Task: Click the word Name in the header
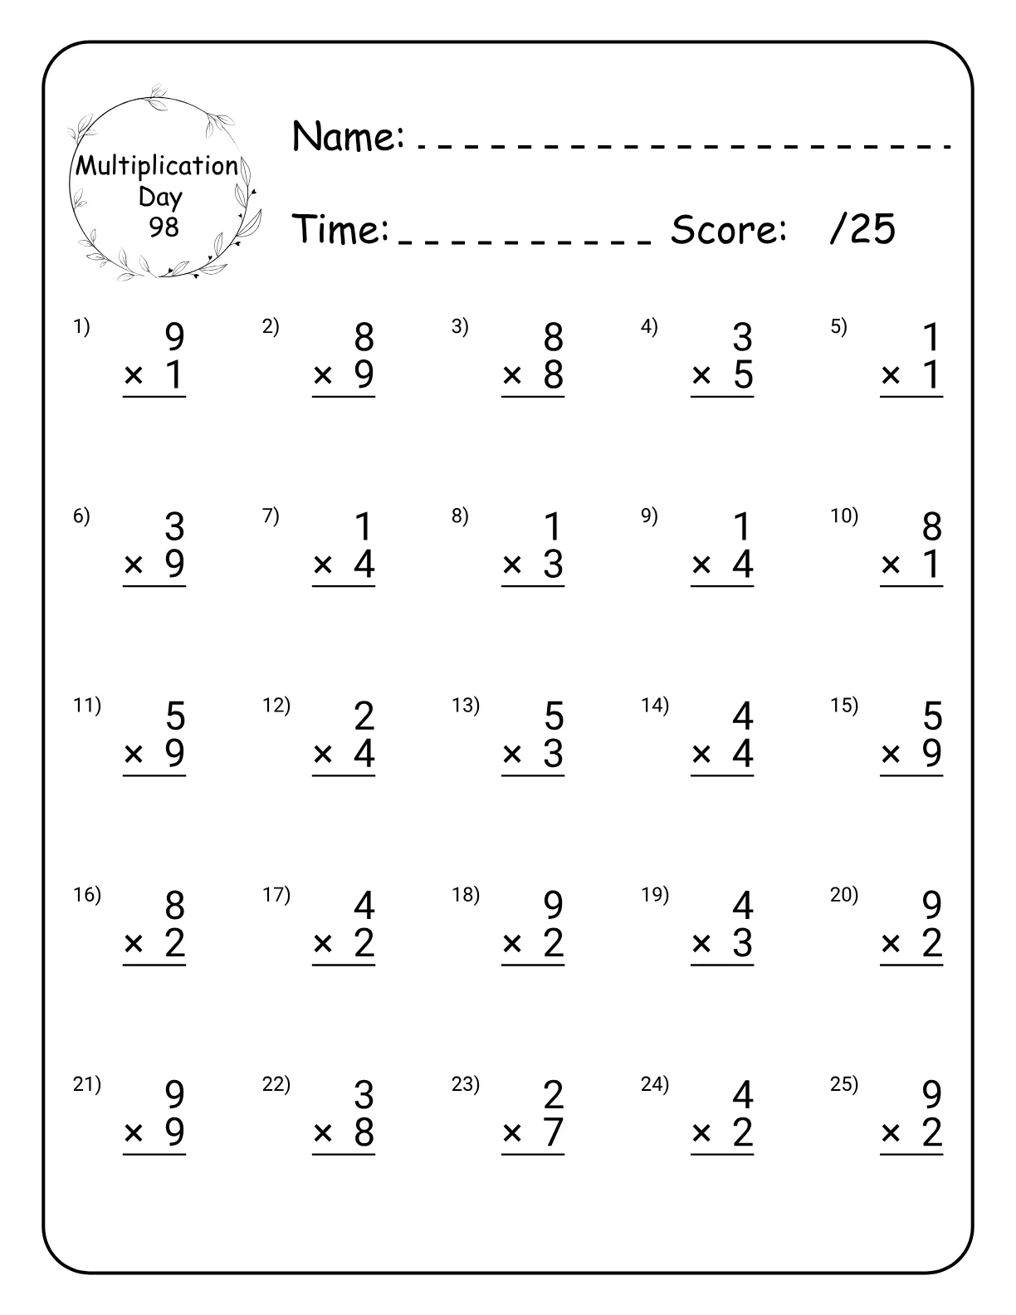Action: click(x=348, y=136)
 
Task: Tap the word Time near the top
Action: click(x=341, y=229)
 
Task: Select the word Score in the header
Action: click(x=728, y=229)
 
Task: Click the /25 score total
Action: click(x=862, y=229)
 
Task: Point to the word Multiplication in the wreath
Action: click(x=157, y=166)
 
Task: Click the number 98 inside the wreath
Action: click(x=164, y=226)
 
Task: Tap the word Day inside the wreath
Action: click(x=159, y=197)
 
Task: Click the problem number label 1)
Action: click(x=81, y=327)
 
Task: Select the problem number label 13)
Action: click(x=466, y=706)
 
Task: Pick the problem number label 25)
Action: click(x=844, y=1084)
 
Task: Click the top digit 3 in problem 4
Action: click(x=742, y=338)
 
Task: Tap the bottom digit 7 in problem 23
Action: click(x=553, y=1132)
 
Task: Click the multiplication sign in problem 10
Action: click(x=891, y=565)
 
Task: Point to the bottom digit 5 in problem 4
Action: click(x=743, y=375)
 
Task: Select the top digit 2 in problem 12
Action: click(x=364, y=716)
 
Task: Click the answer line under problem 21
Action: click(x=154, y=1154)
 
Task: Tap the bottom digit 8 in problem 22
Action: click(x=364, y=1132)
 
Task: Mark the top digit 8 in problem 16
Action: click(x=174, y=906)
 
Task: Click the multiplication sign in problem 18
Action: click(x=512, y=944)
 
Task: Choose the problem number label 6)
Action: click(x=81, y=516)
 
